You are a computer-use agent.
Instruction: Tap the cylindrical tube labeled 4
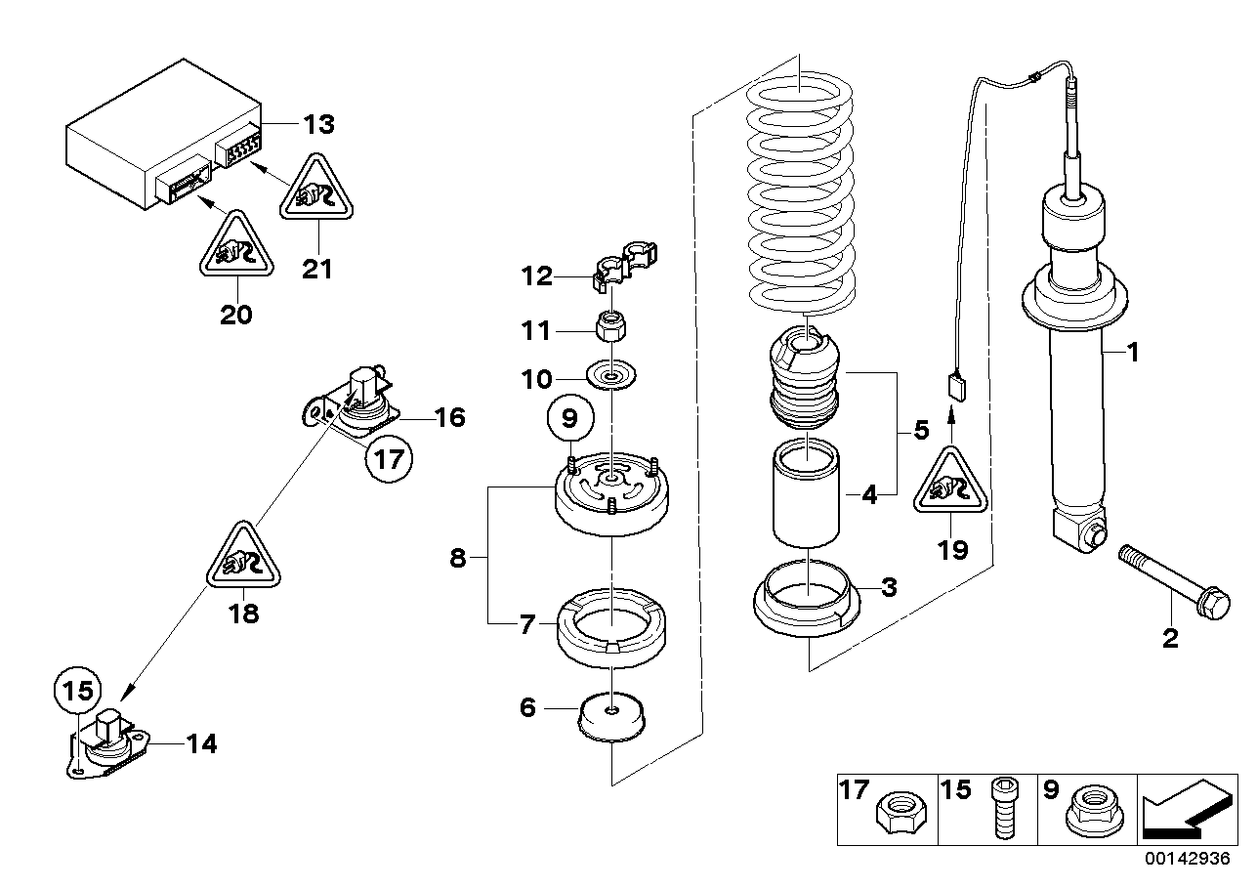click(x=807, y=493)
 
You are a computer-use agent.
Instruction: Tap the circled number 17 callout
click(x=390, y=458)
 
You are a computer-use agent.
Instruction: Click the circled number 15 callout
click(x=76, y=691)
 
